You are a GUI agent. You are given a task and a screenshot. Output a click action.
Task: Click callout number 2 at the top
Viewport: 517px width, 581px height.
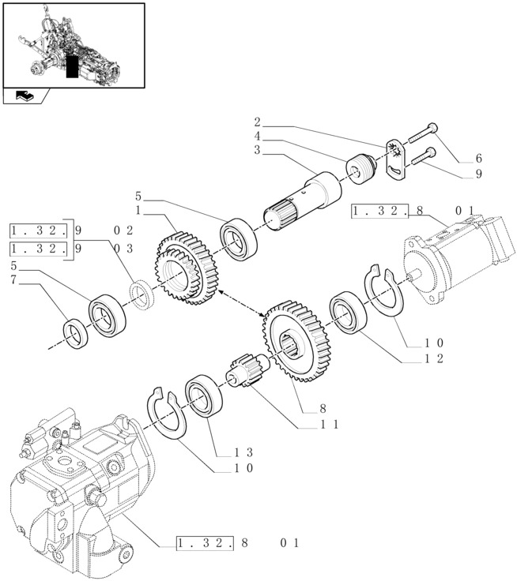tap(258, 122)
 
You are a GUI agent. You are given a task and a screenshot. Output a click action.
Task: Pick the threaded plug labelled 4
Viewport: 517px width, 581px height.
tap(359, 169)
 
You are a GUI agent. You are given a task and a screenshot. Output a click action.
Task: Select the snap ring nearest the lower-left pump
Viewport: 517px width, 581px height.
tap(167, 411)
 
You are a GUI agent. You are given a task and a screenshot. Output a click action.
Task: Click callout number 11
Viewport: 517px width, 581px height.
tap(330, 424)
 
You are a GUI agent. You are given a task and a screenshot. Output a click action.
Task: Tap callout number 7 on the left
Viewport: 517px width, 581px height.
tap(13, 280)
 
